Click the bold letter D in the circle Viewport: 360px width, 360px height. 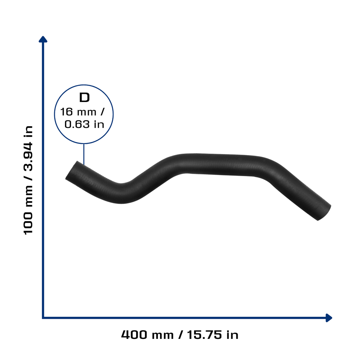(x=84, y=98)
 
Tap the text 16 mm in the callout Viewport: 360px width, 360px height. (x=78, y=112)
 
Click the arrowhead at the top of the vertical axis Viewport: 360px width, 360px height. (x=43, y=39)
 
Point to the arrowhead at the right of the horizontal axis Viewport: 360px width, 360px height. (x=329, y=318)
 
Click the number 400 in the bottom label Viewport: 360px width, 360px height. (x=134, y=335)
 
